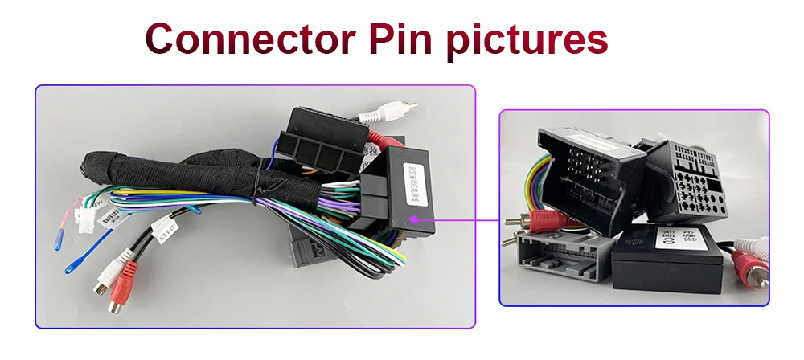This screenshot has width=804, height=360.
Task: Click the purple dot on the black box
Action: (413, 218)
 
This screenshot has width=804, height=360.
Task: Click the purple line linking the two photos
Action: (458, 219)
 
